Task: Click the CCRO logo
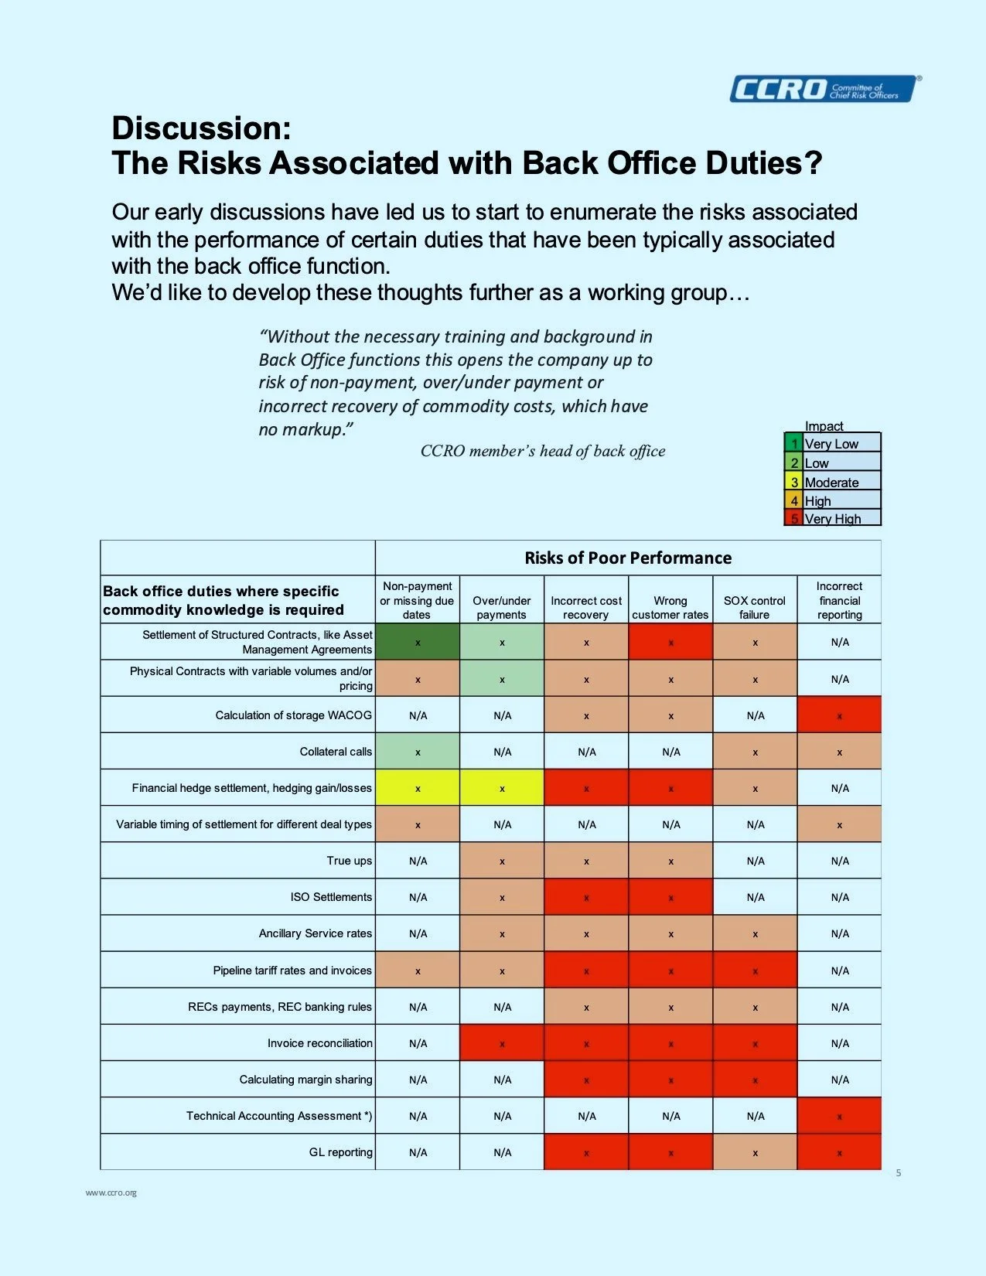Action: click(824, 89)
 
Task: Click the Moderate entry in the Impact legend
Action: click(831, 482)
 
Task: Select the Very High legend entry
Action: click(832, 519)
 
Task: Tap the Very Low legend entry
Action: click(831, 444)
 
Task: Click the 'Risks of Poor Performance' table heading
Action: click(627, 558)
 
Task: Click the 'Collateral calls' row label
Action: click(336, 752)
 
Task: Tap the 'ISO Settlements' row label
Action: click(331, 897)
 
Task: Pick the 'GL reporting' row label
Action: click(340, 1152)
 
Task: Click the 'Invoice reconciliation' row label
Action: click(319, 1043)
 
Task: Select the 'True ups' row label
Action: click(349, 861)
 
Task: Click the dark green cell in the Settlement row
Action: click(418, 642)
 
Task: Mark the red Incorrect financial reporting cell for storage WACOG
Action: click(839, 715)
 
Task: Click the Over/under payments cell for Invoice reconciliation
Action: click(502, 1043)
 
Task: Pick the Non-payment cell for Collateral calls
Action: click(418, 752)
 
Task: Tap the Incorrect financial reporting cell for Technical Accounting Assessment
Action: click(839, 1116)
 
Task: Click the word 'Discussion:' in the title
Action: click(201, 128)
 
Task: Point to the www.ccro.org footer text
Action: click(111, 1192)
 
